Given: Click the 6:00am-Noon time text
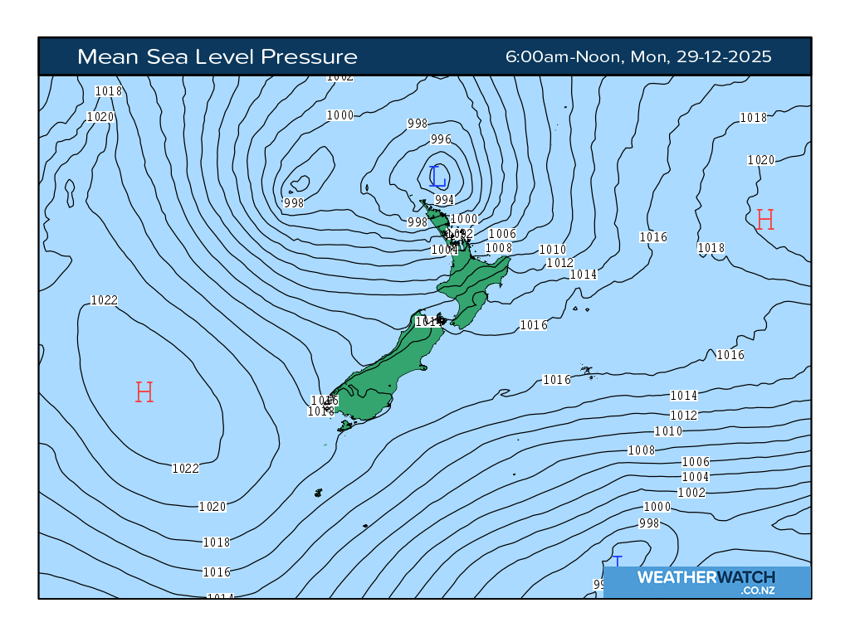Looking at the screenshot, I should [564, 56].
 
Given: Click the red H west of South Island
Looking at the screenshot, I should [144, 391].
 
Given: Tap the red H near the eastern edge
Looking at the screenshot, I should [765, 220].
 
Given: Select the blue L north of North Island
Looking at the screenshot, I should [437, 176].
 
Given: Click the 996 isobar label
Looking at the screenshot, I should [441, 139].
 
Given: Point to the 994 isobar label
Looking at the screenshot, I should [444, 200].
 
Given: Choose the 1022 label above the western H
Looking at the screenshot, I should [105, 300].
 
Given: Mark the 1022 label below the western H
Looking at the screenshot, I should [185, 469].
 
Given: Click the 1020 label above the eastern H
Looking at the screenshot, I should [760, 160].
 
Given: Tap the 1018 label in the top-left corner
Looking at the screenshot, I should [109, 91].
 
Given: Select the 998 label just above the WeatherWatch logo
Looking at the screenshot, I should [649, 523].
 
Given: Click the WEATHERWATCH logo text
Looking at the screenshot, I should [706, 577].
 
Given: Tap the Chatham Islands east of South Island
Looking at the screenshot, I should [587, 371].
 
